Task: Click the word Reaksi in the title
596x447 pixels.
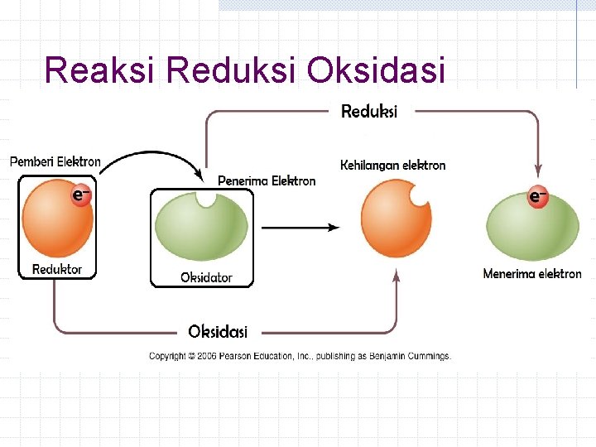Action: point(101,70)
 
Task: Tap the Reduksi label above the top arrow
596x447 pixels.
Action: point(369,111)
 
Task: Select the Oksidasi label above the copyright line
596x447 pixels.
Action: point(218,332)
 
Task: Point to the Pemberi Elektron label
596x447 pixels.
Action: point(55,161)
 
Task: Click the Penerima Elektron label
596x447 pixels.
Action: point(267,180)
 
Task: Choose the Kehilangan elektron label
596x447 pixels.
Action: point(393,165)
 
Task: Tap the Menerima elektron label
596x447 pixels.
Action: point(532,273)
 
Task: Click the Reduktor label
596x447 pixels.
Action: point(57,269)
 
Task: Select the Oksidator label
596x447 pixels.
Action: point(206,278)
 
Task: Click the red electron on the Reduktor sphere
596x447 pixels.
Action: point(80,195)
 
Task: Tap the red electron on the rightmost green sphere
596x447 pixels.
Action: point(538,197)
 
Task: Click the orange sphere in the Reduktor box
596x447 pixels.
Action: point(56,221)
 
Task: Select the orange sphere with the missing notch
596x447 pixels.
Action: point(393,219)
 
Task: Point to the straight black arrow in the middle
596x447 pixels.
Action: point(300,227)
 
